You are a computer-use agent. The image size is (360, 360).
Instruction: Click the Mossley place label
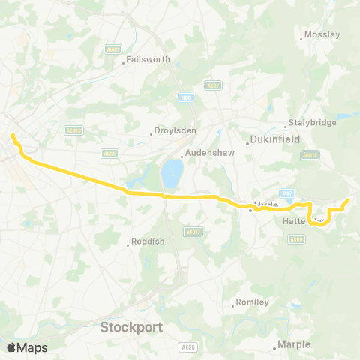click(x=322, y=34)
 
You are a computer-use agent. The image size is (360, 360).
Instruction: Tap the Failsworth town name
click(x=149, y=58)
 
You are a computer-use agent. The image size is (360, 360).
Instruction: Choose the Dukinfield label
click(x=271, y=139)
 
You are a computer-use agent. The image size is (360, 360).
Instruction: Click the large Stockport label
click(x=131, y=327)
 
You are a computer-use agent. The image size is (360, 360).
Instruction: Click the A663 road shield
click(x=112, y=49)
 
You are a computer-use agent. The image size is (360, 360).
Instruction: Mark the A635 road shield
click(x=109, y=153)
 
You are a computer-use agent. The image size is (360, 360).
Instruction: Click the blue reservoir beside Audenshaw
click(x=172, y=174)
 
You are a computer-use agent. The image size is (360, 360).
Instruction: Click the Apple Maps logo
click(x=28, y=347)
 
